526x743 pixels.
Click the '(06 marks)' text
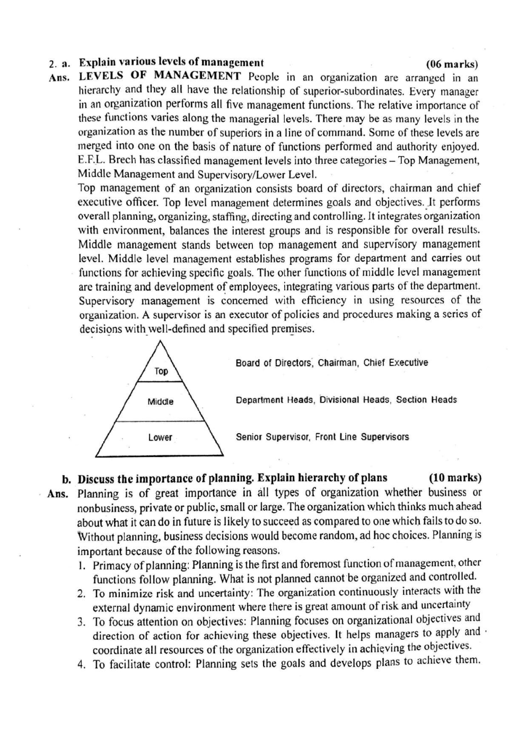[452, 65]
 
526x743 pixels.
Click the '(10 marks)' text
[454, 478]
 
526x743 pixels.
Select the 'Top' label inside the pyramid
[161, 371]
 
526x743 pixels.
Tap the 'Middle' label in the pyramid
[160, 401]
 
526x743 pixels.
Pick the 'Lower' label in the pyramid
[160, 437]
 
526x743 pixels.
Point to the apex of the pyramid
[159, 342]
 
